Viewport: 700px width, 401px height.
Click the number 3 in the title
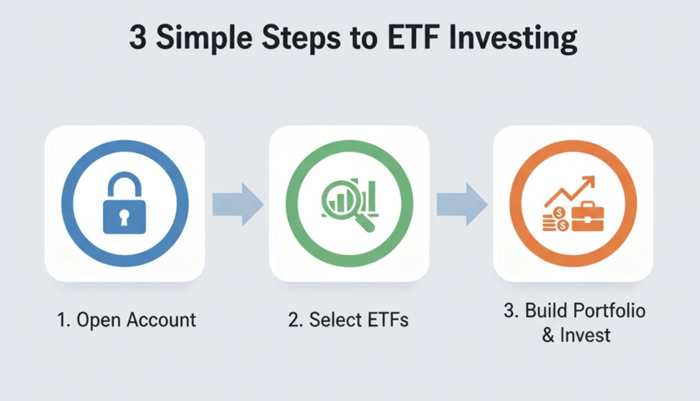pyautogui.click(x=138, y=38)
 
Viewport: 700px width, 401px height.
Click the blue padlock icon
pyautogui.click(x=125, y=203)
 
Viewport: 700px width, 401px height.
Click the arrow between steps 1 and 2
pyautogui.click(x=238, y=204)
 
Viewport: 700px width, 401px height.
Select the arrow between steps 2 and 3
pyautogui.click(x=462, y=204)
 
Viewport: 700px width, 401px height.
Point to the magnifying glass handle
pyautogui.click(x=365, y=223)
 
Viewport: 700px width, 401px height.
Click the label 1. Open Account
pyautogui.click(x=126, y=320)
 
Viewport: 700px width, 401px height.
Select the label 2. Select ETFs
pyautogui.click(x=348, y=320)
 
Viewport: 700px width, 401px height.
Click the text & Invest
pyautogui.click(x=576, y=335)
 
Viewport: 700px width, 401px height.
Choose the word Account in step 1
pyautogui.click(x=161, y=320)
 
